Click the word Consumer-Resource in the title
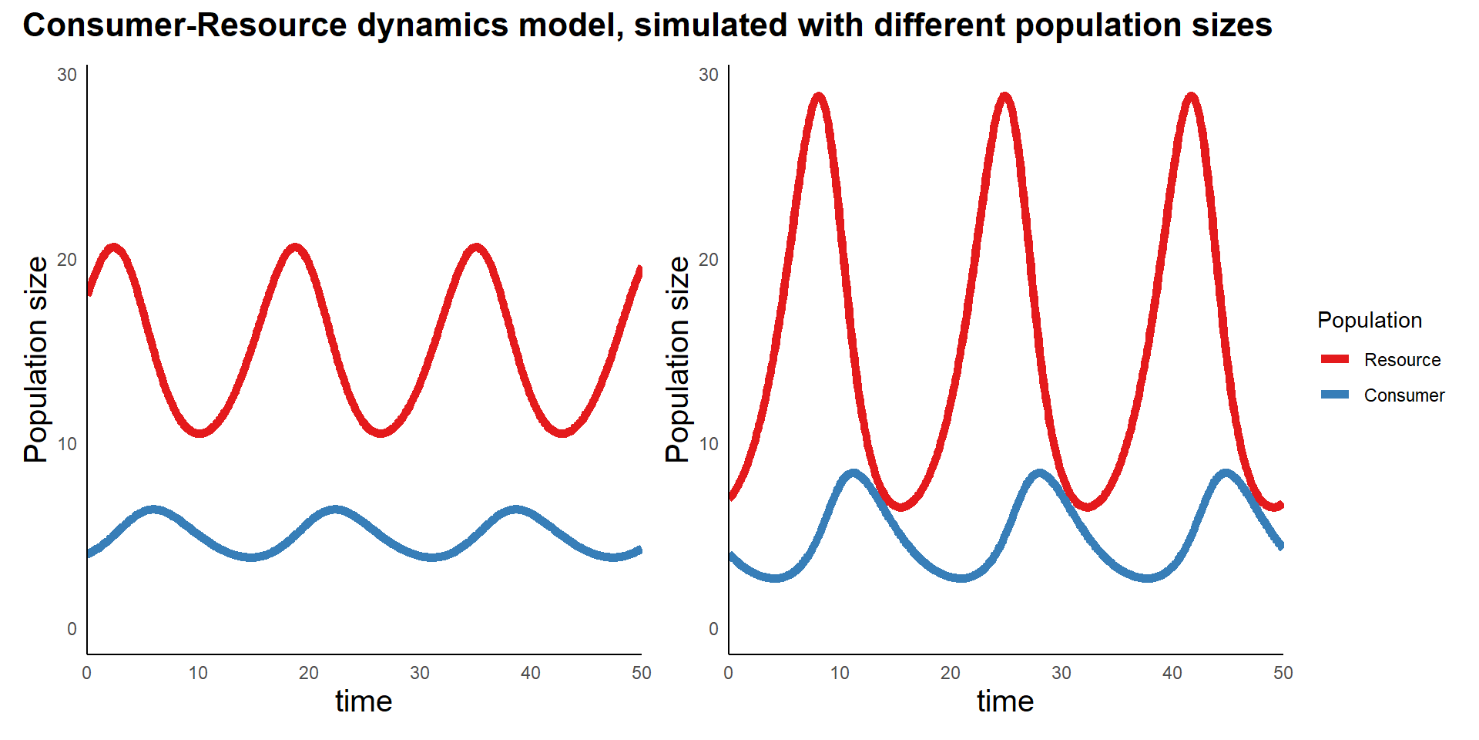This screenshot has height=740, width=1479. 185,25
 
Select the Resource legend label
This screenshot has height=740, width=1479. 1402,360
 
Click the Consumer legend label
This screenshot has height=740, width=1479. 1404,395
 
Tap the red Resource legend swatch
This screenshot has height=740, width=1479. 1335,359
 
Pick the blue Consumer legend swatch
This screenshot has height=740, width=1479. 1335,395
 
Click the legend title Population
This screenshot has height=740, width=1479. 1369,321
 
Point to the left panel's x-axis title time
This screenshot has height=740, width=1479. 364,701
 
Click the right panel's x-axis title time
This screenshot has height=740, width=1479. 1005,701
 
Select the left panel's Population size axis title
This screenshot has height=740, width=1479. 36,360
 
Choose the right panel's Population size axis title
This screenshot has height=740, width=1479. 678,360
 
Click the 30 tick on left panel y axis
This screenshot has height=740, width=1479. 67,75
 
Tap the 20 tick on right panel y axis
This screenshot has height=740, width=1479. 709,260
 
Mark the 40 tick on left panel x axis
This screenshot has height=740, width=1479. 531,673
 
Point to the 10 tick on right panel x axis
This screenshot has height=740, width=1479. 840,673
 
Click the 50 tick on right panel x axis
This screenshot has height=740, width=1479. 1283,673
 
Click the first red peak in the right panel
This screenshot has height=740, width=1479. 818,97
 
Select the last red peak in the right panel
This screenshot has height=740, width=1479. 1192,97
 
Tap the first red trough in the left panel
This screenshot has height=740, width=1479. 200,432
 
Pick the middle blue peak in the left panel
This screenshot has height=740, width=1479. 335,510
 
